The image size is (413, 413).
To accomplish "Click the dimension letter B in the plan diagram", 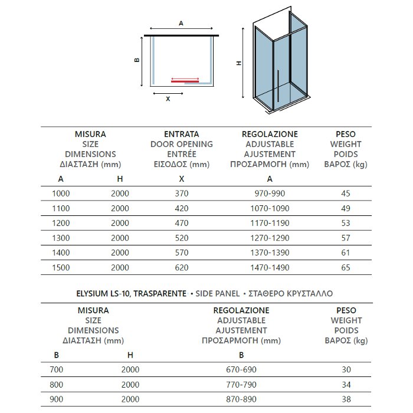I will pyautogui.click(x=136, y=60).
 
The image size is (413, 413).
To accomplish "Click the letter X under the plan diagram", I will pyautogui.click(x=168, y=99).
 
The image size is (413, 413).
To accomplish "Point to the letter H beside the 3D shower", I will pyautogui.click(x=240, y=63).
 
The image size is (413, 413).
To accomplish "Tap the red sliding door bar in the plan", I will pyautogui.click(x=185, y=78).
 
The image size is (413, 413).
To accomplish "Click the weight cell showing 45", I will pyautogui.click(x=346, y=193).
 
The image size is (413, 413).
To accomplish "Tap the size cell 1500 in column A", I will pyautogui.click(x=61, y=267).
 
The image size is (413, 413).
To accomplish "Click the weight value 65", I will pyautogui.click(x=346, y=267).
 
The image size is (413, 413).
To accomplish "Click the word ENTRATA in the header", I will pyautogui.click(x=181, y=134).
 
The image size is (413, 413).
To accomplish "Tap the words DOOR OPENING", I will pyautogui.click(x=181, y=144).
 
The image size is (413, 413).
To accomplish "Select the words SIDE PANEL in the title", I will pyautogui.click(x=216, y=293).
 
